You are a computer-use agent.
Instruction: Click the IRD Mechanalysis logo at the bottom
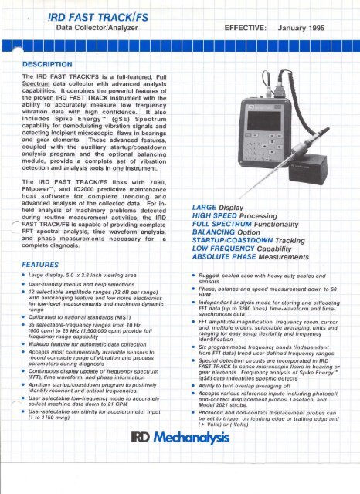(x=180, y=472)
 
